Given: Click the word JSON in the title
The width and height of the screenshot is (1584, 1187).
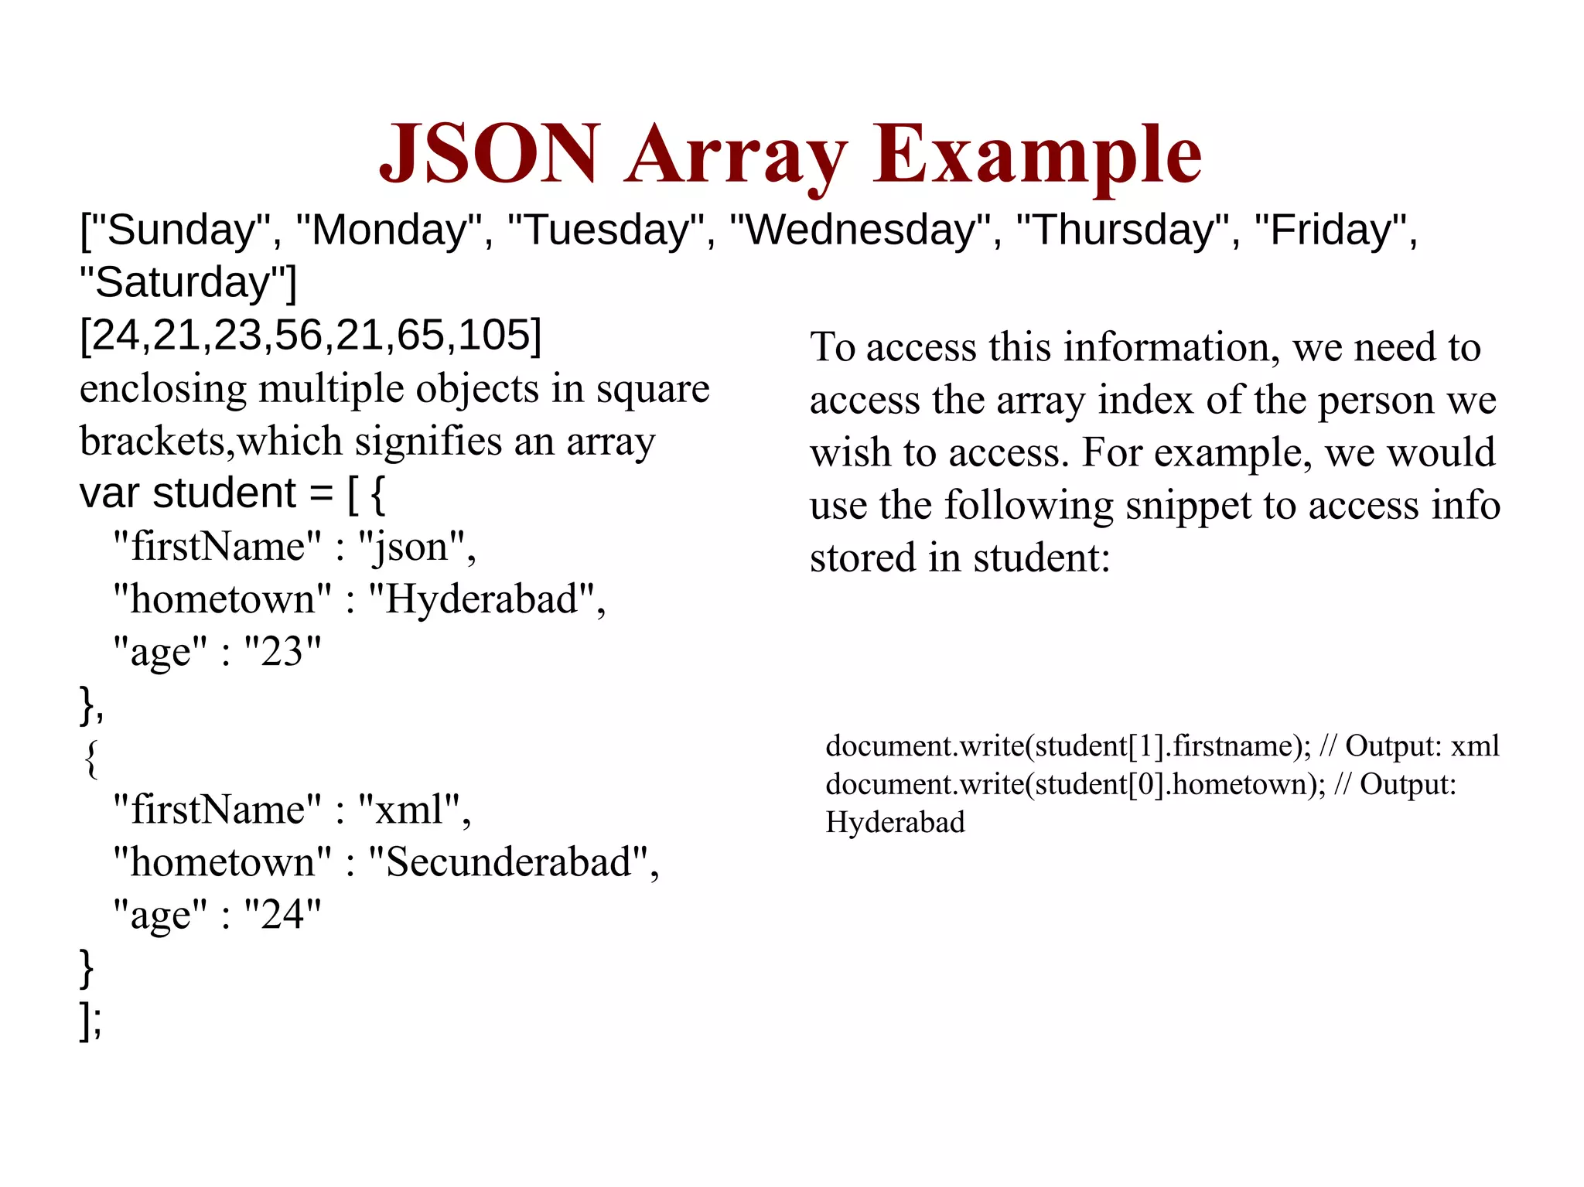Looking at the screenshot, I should click(490, 154).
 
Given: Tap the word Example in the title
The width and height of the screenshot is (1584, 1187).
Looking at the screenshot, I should click(1037, 154).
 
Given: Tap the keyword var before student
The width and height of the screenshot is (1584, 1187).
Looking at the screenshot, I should click(109, 493).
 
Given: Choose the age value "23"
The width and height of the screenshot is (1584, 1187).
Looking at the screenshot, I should click(282, 652).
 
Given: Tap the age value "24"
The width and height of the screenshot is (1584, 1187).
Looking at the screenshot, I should click(282, 915).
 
